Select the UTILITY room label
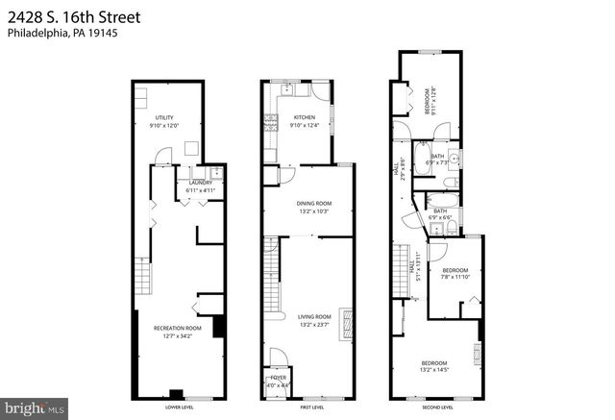(x=163, y=117)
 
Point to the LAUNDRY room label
(x=201, y=183)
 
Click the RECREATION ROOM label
(x=174, y=329)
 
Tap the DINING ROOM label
(x=313, y=204)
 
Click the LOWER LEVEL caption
(x=174, y=408)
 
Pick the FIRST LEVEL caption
(x=313, y=408)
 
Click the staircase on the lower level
(x=141, y=276)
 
